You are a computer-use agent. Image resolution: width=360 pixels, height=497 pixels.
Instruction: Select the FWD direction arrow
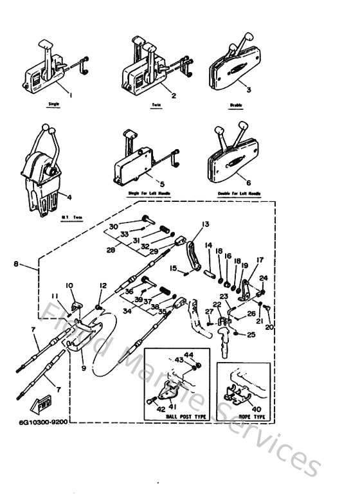40,404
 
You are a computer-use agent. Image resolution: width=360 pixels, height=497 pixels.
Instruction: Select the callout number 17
260,260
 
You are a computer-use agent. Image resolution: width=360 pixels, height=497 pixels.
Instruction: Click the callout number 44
190,355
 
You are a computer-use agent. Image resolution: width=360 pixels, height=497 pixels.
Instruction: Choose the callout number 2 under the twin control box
155,94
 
